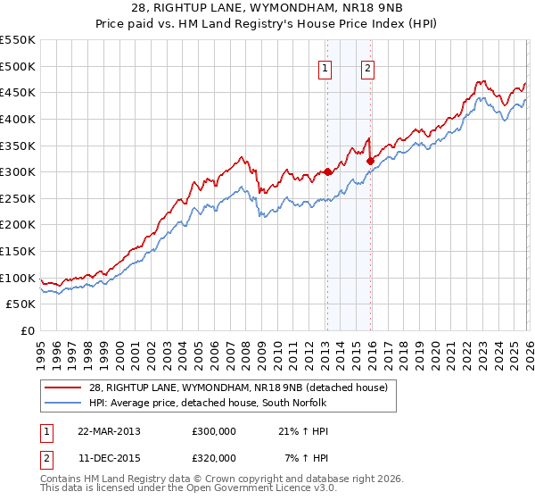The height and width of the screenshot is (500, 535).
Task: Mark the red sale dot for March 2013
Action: point(327,171)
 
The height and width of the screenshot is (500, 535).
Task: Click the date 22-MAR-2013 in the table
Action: point(109,430)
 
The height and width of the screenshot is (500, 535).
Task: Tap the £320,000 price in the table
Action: point(214,457)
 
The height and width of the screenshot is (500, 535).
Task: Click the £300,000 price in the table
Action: point(214,430)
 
